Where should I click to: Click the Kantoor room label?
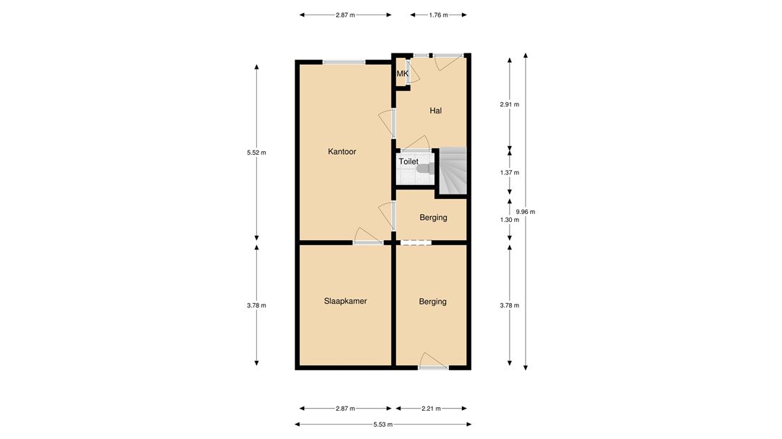tap(342, 151)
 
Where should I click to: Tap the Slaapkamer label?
tap(345, 301)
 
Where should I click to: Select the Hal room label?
tap(435, 111)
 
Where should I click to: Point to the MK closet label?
tap(403, 74)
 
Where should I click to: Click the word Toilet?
tap(408, 161)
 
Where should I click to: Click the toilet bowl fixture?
tap(424, 169)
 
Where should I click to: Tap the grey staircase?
tap(453, 171)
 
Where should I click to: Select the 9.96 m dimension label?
tap(525, 212)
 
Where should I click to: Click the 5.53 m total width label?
tap(383, 425)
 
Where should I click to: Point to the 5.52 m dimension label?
tap(256, 153)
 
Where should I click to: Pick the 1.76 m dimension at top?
tap(438, 15)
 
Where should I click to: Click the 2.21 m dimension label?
tap(431, 409)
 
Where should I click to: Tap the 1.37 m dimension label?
tap(509, 172)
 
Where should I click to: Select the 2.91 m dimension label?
tap(509, 105)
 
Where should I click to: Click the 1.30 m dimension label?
tap(509, 220)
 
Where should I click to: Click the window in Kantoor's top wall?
tap(344, 62)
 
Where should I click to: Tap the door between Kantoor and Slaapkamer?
tap(368, 238)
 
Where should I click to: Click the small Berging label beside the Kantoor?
tap(433, 217)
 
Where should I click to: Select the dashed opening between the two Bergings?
tap(416, 243)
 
